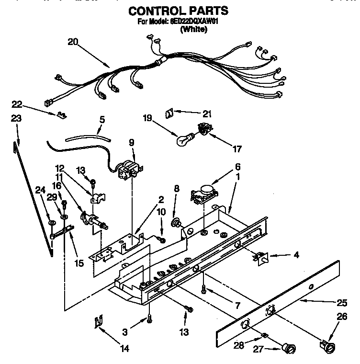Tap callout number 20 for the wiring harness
(73, 42)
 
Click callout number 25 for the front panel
(341, 302)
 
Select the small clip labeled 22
(61, 115)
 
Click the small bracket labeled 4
(262, 258)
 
